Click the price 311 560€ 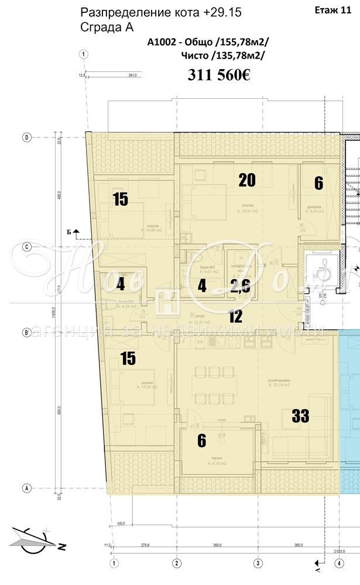click(219, 75)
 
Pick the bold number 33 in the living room click(300, 416)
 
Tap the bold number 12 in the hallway click(235, 318)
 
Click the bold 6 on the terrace click(201, 441)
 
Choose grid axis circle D click(26, 137)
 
